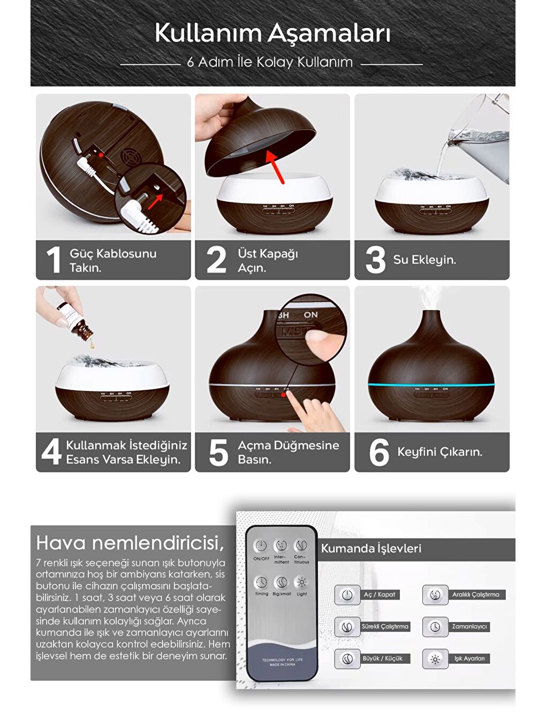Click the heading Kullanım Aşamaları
click(272, 33)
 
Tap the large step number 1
click(53, 260)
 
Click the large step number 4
click(51, 452)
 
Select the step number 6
click(378, 452)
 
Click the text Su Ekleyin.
click(424, 260)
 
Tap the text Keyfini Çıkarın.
click(439, 452)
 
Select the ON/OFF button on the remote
click(261, 547)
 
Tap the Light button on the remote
click(302, 583)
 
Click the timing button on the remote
click(261, 583)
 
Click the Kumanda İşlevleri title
click(371, 549)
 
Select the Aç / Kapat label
click(380, 595)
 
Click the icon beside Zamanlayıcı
click(435, 627)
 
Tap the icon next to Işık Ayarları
click(435, 659)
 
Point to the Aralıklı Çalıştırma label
click(475, 595)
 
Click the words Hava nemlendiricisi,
click(130, 543)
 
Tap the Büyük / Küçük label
click(383, 659)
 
